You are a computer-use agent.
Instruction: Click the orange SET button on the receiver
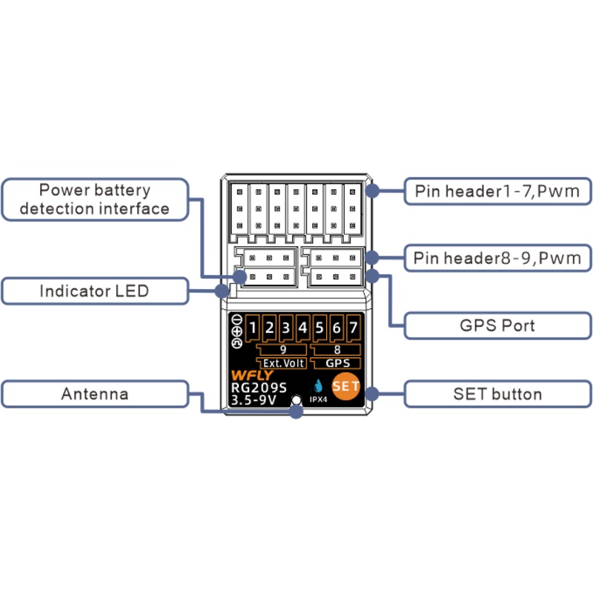345,386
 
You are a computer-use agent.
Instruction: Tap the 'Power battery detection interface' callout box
95,199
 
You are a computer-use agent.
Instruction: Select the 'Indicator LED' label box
95,291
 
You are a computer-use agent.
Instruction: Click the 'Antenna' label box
95,394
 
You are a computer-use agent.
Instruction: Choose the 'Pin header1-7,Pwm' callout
497,192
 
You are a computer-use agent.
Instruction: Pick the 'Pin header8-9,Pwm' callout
497,258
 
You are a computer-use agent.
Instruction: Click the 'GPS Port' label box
497,325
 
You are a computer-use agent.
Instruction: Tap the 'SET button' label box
497,394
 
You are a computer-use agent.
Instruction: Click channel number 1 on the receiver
252,328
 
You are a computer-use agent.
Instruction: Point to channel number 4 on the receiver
302,328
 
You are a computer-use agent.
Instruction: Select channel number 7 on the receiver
354,328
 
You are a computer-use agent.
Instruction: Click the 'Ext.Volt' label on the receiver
285,363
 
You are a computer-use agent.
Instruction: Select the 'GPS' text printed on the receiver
337,363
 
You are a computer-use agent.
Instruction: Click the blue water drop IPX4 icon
319,386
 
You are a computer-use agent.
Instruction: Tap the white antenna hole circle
296,401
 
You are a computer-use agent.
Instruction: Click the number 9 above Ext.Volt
283,350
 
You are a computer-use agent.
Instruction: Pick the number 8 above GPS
337,350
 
